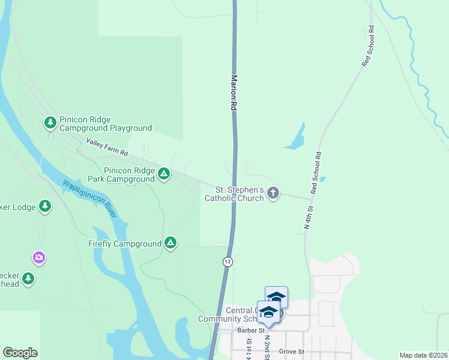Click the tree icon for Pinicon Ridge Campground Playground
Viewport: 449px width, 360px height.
click(50, 123)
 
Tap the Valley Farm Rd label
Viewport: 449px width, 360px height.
click(107, 148)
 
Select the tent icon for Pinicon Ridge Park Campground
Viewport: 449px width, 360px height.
click(163, 174)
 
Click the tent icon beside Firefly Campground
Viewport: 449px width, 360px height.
click(170, 243)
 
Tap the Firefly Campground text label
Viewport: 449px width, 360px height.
click(125, 244)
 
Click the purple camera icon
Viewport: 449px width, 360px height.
click(38, 257)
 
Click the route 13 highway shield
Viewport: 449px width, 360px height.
click(228, 262)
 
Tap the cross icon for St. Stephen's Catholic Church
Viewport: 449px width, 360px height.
click(273, 193)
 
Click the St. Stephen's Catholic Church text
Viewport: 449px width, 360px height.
click(235, 194)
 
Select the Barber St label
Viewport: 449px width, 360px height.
click(253, 331)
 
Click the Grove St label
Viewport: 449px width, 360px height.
click(292, 352)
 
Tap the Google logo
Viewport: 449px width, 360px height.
click(20, 353)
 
